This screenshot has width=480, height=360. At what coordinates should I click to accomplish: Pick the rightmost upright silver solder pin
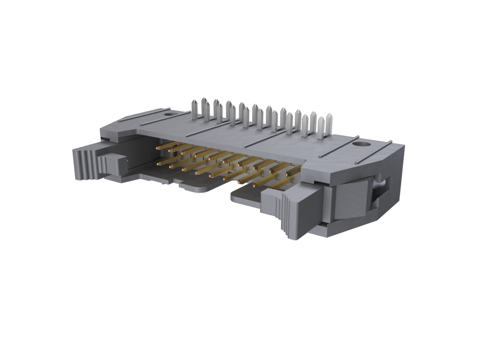329,123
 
